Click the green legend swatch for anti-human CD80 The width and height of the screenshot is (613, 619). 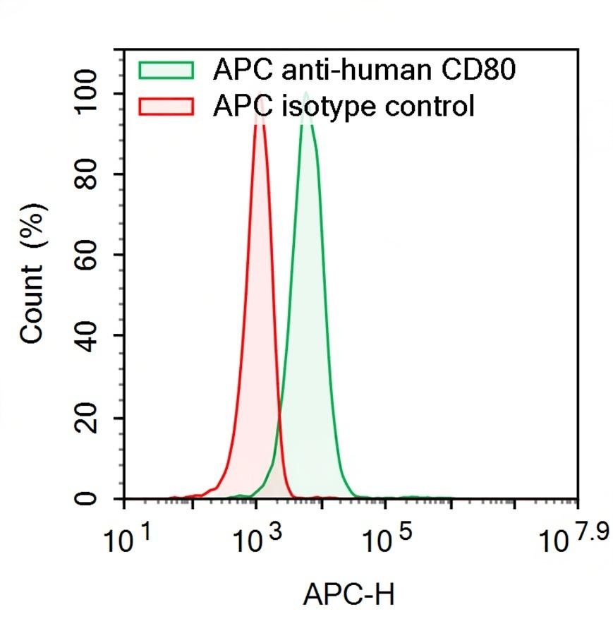[166, 69]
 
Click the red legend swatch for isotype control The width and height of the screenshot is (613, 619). [166, 107]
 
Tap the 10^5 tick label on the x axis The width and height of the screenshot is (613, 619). [384, 540]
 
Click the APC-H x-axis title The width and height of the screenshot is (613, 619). [348, 594]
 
